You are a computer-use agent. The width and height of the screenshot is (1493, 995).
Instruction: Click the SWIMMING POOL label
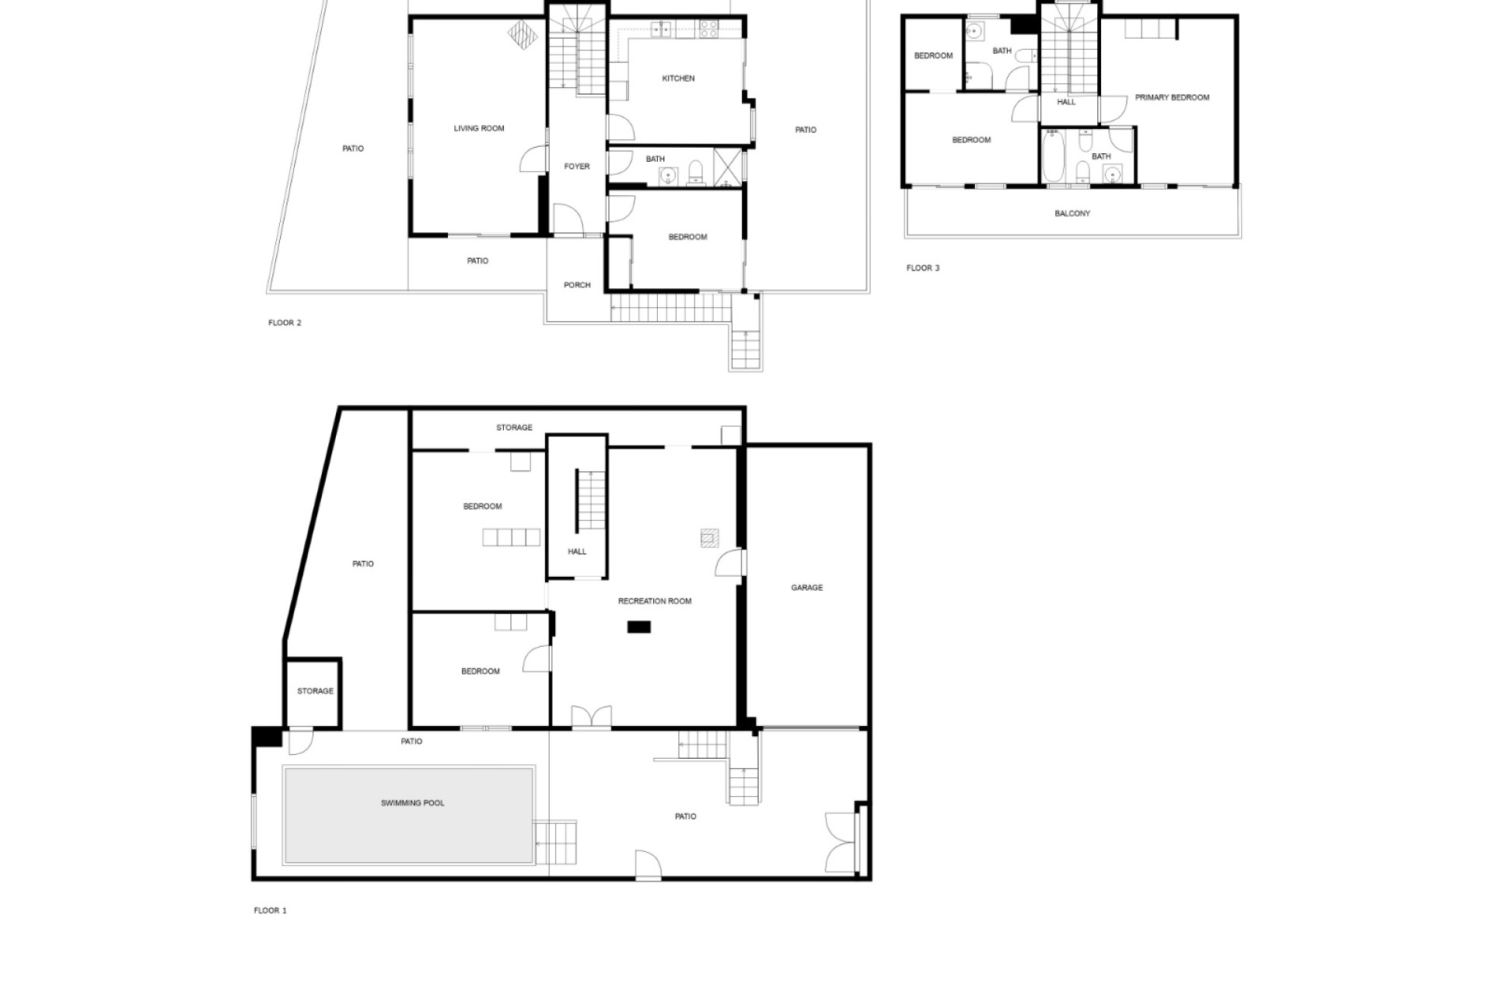point(412,803)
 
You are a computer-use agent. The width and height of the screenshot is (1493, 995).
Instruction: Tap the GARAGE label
point(806,588)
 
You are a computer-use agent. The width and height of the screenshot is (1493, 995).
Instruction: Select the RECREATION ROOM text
point(654,601)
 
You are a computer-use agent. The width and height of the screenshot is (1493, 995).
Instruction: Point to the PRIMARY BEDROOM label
point(1172,97)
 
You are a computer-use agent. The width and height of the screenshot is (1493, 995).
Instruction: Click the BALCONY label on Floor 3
point(1072,213)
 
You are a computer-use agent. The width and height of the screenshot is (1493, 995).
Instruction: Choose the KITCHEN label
point(678,79)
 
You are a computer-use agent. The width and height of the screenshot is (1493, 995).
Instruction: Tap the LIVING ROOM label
point(479,128)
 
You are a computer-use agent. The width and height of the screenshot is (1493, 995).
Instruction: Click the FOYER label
point(577,166)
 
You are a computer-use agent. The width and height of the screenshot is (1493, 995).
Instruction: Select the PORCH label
point(577,285)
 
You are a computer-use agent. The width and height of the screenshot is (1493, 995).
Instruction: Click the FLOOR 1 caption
point(270,910)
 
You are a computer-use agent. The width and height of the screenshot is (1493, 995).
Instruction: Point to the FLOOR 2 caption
point(285,323)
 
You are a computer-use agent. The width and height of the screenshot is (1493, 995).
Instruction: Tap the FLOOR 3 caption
point(923,268)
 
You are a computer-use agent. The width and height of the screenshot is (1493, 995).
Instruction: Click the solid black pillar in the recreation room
point(639,627)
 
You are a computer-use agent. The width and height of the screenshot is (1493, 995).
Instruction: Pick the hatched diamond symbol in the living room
point(523,35)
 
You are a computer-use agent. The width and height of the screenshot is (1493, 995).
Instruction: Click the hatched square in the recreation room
point(709,538)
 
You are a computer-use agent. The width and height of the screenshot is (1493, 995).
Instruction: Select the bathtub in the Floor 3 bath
point(1053,156)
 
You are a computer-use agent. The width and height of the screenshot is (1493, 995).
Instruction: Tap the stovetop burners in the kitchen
point(708,30)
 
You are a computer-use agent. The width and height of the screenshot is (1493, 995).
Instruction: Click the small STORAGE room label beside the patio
point(315,691)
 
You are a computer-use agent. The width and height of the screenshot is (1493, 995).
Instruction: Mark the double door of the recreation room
point(592,716)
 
